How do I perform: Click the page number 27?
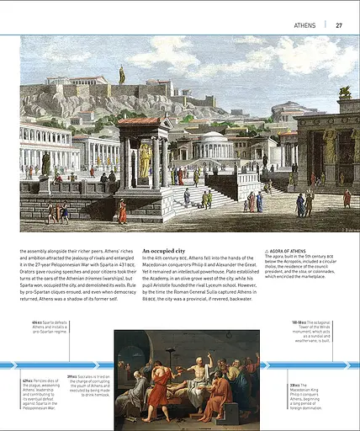point(339,25)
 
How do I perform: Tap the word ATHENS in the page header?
point(305,25)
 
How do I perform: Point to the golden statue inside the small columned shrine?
point(146,160)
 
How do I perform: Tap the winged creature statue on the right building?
point(344,92)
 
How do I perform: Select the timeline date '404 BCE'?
point(37,322)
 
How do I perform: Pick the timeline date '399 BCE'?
point(72,376)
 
